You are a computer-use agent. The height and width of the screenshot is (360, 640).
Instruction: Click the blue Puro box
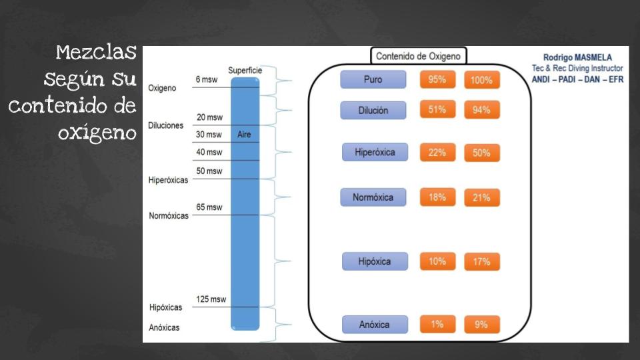pos(373,79)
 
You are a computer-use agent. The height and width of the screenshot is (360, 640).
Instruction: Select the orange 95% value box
pos(437,79)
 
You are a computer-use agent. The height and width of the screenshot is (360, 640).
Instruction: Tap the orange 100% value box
pos(481,80)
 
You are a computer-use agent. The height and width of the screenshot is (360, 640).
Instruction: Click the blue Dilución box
pos(373,110)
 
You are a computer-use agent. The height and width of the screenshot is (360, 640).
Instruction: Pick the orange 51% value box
pos(437,110)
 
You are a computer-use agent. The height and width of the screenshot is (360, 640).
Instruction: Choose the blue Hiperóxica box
pos(374,153)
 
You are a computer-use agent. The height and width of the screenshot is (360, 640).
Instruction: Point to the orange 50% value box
pos(481,153)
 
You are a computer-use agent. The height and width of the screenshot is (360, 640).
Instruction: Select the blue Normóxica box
pos(373,197)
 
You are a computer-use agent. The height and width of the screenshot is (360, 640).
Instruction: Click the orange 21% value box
pos(481,197)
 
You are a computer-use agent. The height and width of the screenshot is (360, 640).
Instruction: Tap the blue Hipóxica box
pos(374,261)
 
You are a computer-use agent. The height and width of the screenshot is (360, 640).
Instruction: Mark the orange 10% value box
pos(437,261)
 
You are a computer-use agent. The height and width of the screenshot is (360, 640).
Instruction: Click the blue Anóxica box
pos(374,325)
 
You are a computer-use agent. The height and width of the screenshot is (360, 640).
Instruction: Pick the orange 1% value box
pos(437,324)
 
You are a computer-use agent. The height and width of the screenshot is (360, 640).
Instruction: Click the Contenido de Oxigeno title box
pos(418,56)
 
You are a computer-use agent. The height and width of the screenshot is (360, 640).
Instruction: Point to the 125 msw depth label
pos(211,299)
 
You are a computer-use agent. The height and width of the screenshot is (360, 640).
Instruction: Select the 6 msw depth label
pos(207,79)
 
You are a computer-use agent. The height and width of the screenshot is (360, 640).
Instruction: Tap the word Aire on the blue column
pos(244,134)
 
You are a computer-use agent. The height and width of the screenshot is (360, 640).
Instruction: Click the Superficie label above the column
pos(245,70)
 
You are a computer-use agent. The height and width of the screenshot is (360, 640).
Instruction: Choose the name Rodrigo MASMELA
pos(577,57)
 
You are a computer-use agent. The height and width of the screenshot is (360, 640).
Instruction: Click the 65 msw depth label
pos(209,207)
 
